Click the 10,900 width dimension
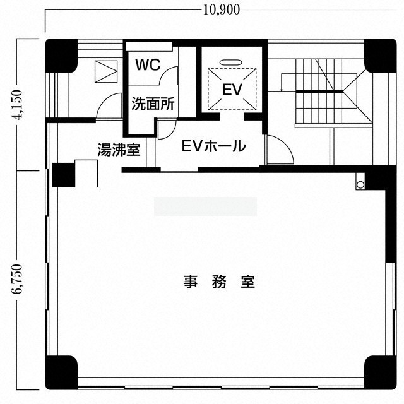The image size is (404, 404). (x=222, y=10)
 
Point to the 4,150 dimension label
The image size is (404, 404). (x=18, y=104)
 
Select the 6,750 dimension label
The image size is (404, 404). (x=18, y=278)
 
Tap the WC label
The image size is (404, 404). (x=148, y=64)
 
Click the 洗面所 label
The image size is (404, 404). (x=153, y=104)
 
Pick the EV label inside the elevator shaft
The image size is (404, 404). (x=232, y=90)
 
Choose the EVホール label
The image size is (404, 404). (x=213, y=146)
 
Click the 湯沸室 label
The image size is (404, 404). (x=119, y=150)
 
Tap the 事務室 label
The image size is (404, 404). (x=219, y=282)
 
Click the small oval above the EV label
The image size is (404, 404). (x=231, y=62)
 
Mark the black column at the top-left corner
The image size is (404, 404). (x=62, y=56)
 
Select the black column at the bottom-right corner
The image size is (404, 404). (x=380, y=372)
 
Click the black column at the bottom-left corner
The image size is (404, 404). (x=62, y=372)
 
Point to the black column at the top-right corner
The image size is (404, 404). (x=380, y=56)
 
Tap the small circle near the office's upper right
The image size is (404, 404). (x=360, y=184)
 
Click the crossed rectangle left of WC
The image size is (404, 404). (x=106, y=71)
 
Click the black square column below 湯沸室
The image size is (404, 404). (x=64, y=175)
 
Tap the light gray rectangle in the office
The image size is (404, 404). (x=205, y=206)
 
